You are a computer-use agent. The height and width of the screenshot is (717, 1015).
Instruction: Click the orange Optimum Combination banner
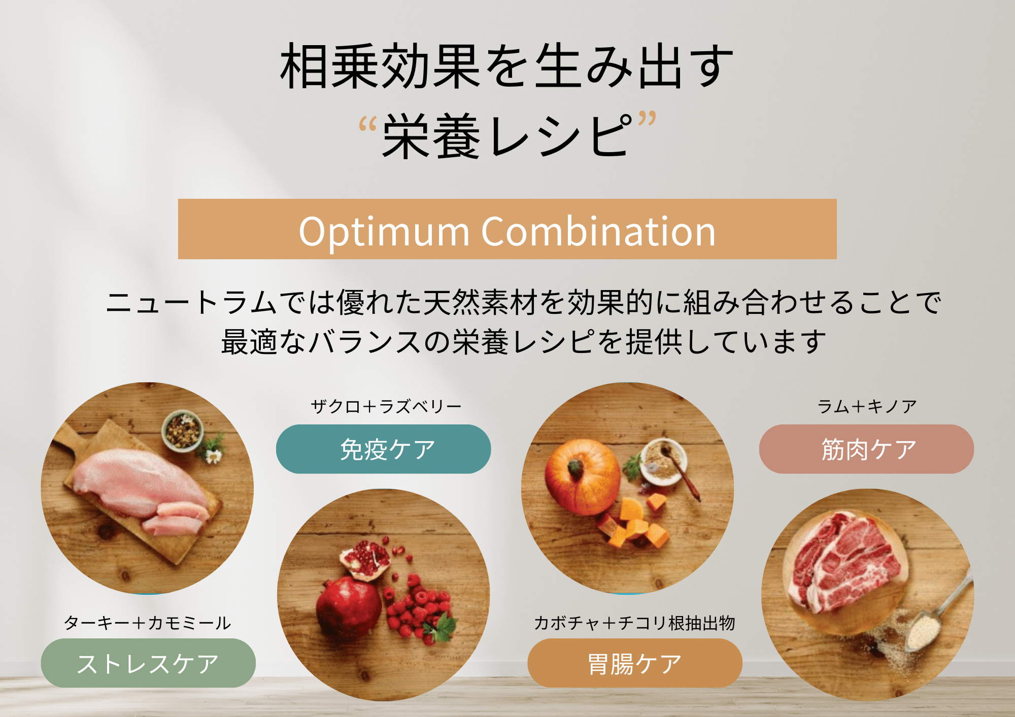[507, 229]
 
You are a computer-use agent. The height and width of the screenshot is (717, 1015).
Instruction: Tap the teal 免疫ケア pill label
[383, 449]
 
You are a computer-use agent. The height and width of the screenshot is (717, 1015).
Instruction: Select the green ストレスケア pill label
[148, 663]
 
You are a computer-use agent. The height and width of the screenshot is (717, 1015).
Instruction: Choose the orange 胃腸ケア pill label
[635, 663]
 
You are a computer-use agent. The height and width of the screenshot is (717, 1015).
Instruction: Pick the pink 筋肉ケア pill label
[866, 449]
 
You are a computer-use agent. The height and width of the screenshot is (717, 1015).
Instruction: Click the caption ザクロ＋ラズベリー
[386, 407]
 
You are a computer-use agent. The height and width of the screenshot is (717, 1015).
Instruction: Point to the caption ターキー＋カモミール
[148, 623]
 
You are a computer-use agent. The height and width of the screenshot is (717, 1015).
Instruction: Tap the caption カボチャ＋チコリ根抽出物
[634, 623]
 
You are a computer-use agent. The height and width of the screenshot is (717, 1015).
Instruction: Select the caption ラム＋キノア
[867, 407]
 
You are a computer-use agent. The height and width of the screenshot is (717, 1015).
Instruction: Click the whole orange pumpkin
[582, 477]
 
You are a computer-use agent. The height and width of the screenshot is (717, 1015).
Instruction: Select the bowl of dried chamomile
[183, 431]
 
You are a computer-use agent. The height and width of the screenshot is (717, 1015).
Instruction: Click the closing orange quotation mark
[647, 119]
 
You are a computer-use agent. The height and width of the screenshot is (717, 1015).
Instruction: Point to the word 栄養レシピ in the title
[507, 136]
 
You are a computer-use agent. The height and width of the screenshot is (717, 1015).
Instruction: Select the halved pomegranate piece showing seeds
[364, 559]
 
